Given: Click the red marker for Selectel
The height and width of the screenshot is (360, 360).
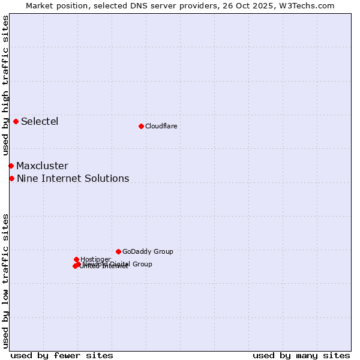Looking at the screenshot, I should click(16, 121).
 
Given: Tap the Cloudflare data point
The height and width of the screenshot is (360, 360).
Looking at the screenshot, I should click(141, 126).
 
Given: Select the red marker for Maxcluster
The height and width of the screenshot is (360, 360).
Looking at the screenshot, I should click(11, 166).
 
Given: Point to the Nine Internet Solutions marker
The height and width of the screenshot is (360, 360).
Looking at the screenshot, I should click(11, 178).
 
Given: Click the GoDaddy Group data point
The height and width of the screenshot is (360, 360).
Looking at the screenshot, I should click(118, 251).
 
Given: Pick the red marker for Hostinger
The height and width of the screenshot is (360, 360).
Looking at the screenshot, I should click(76, 259).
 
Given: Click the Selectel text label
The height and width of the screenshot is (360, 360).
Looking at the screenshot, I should click(40, 122).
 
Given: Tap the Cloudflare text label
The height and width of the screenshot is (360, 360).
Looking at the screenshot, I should click(161, 126).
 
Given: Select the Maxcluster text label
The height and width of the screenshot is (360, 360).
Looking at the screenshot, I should click(42, 166).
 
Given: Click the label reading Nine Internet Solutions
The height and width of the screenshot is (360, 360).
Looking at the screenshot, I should click(73, 179).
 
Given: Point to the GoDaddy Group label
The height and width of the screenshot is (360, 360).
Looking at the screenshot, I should click(148, 252).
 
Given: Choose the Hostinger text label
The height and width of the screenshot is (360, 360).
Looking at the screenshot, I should click(95, 259).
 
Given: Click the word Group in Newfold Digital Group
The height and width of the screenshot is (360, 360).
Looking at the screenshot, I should click(142, 264).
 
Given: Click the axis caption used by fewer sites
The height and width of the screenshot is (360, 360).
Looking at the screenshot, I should click(62, 355).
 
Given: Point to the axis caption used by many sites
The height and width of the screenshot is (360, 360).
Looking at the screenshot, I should click(301, 355).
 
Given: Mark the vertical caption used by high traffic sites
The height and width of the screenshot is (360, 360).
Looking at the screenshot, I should click(6, 86).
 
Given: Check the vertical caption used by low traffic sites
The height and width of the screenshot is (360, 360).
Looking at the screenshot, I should click(6, 281).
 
